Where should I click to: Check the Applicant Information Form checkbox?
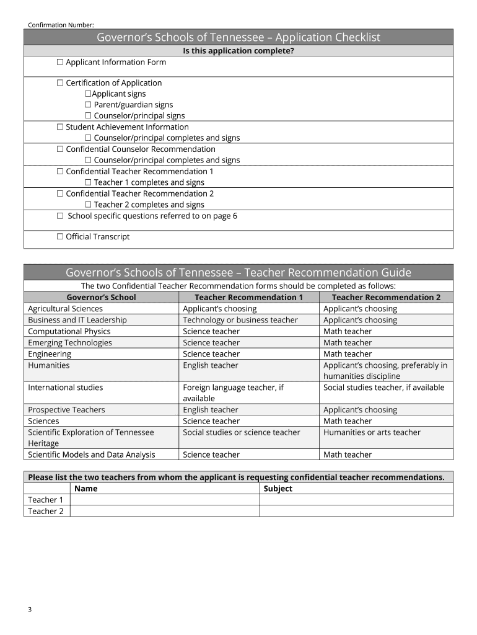60,62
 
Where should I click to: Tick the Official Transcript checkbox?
60,236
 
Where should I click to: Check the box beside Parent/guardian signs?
88,105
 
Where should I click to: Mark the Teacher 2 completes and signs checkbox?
88,205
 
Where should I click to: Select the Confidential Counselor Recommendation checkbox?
60,149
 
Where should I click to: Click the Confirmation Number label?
61,25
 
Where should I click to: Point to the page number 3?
30,610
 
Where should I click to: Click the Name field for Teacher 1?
164,500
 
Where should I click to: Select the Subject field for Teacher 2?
356,511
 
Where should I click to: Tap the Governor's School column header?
101,297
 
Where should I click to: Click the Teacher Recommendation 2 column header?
386,297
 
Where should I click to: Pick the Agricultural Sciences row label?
66,309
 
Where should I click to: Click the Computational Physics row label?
69,331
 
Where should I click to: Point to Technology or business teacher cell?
240,320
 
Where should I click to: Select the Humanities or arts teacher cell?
372,432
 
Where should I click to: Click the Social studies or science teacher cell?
242,432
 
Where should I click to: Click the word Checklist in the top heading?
352,38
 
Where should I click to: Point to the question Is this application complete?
239,51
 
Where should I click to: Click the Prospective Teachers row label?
66,410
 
